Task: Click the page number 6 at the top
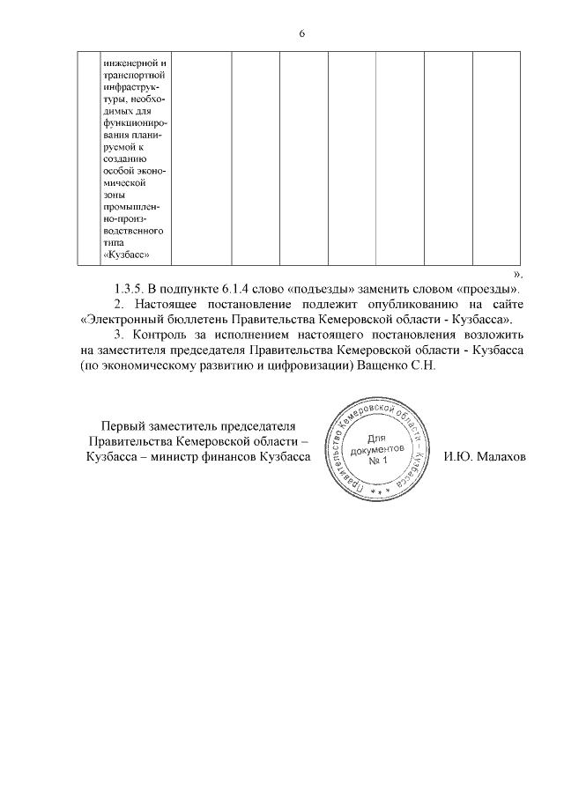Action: coord(301,33)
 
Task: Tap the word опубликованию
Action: coord(394,304)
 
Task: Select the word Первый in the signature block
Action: coord(122,426)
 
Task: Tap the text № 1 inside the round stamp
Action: coord(379,461)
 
